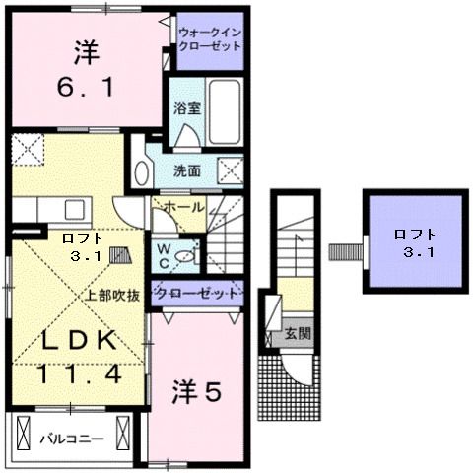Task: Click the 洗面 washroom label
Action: [x=187, y=170]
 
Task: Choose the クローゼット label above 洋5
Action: [x=196, y=294]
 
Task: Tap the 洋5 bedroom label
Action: [x=196, y=389]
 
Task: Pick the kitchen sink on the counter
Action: [x=74, y=210]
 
